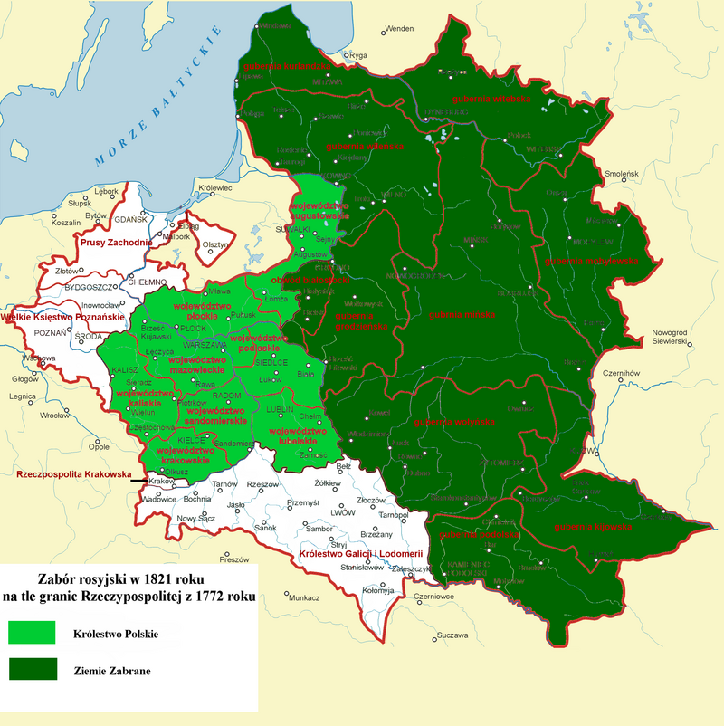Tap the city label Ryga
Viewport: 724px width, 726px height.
click(359, 55)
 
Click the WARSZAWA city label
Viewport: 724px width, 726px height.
click(205, 346)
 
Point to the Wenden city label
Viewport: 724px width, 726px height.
click(399, 29)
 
